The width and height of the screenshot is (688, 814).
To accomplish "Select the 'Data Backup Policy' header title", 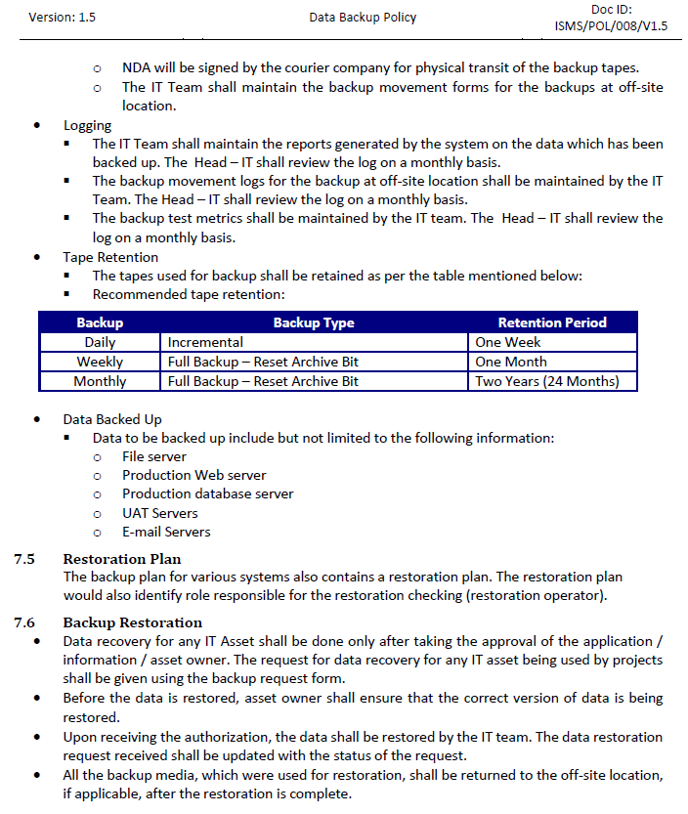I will (363, 18).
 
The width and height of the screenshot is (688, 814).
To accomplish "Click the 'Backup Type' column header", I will (314, 322).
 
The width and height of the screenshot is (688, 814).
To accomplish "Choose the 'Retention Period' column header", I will (552, 322).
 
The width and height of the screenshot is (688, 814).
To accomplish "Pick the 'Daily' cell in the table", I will (100, 342).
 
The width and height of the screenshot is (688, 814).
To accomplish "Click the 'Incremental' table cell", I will (205, 342).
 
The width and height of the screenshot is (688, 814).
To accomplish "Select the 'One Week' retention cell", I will (508, 342).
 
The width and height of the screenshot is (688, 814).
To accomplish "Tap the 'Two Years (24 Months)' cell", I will (547, 381).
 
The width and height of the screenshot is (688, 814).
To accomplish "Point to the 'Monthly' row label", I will (100, 381).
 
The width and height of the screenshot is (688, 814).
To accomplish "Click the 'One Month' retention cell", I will (511, 362).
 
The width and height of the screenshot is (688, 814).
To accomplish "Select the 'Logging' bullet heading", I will (88, 125).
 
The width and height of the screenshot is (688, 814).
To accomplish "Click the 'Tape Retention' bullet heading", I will (110, 257).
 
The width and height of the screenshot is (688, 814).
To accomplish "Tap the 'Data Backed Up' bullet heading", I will (112, 419).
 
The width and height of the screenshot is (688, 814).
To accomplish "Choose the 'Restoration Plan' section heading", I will (122, 559).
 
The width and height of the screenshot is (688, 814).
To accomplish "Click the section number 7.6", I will (24, 622).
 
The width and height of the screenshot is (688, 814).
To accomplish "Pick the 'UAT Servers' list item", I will (159, 513).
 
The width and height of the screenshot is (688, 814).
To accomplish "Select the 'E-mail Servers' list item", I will (166, 533).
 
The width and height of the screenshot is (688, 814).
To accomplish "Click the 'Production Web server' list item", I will (193, 475).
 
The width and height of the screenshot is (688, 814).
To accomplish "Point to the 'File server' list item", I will (153, 456).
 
